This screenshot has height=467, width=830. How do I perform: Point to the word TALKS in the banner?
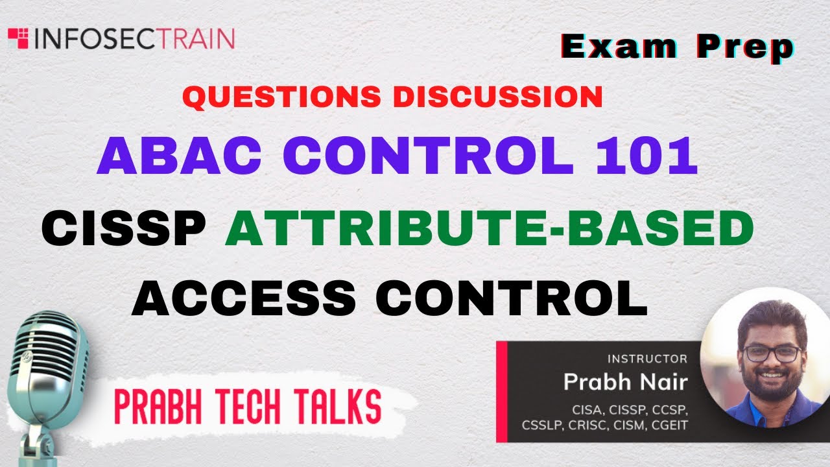340,407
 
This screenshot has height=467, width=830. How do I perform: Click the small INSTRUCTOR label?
646,358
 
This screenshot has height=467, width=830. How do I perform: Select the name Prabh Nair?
624,381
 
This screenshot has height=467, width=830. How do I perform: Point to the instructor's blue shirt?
746,412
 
